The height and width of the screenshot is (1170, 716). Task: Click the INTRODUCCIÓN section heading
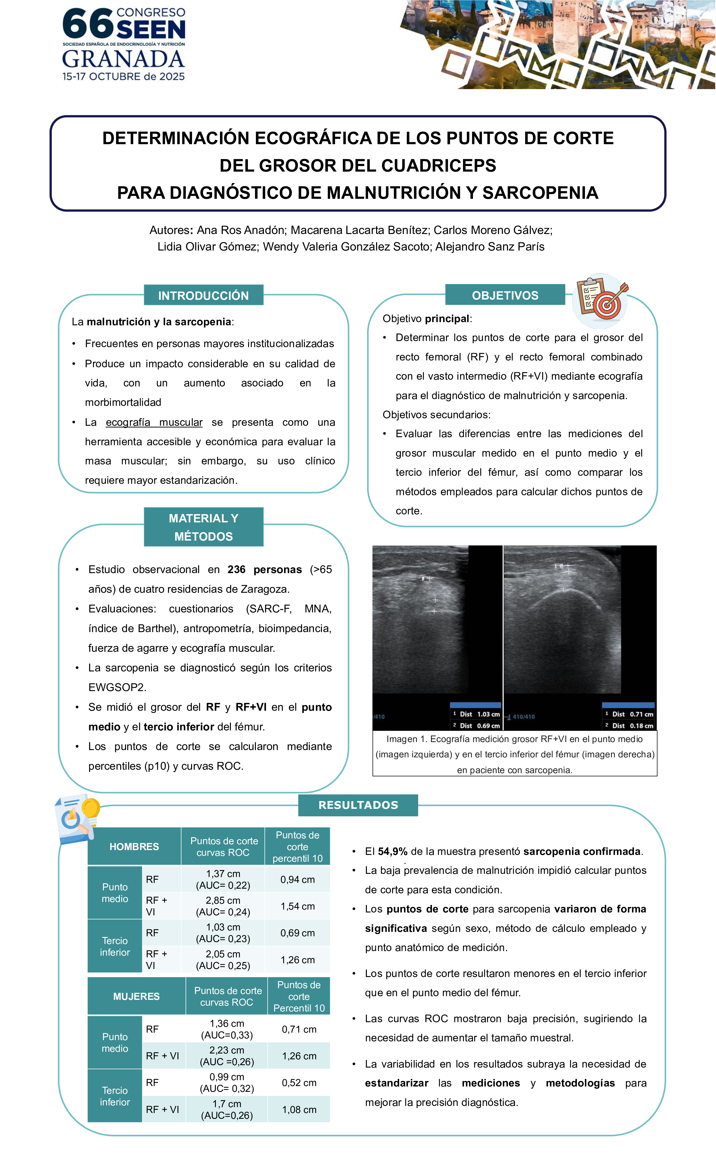pos(203,295)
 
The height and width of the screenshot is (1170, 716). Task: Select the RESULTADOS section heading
pos(358,805)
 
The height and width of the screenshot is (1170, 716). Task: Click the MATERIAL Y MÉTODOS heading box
pos(203,527)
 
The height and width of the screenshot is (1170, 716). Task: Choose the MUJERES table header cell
pos(136,996)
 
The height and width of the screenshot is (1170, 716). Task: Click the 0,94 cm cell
pos(297,879)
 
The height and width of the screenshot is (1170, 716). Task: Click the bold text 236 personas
pos(264,569)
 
